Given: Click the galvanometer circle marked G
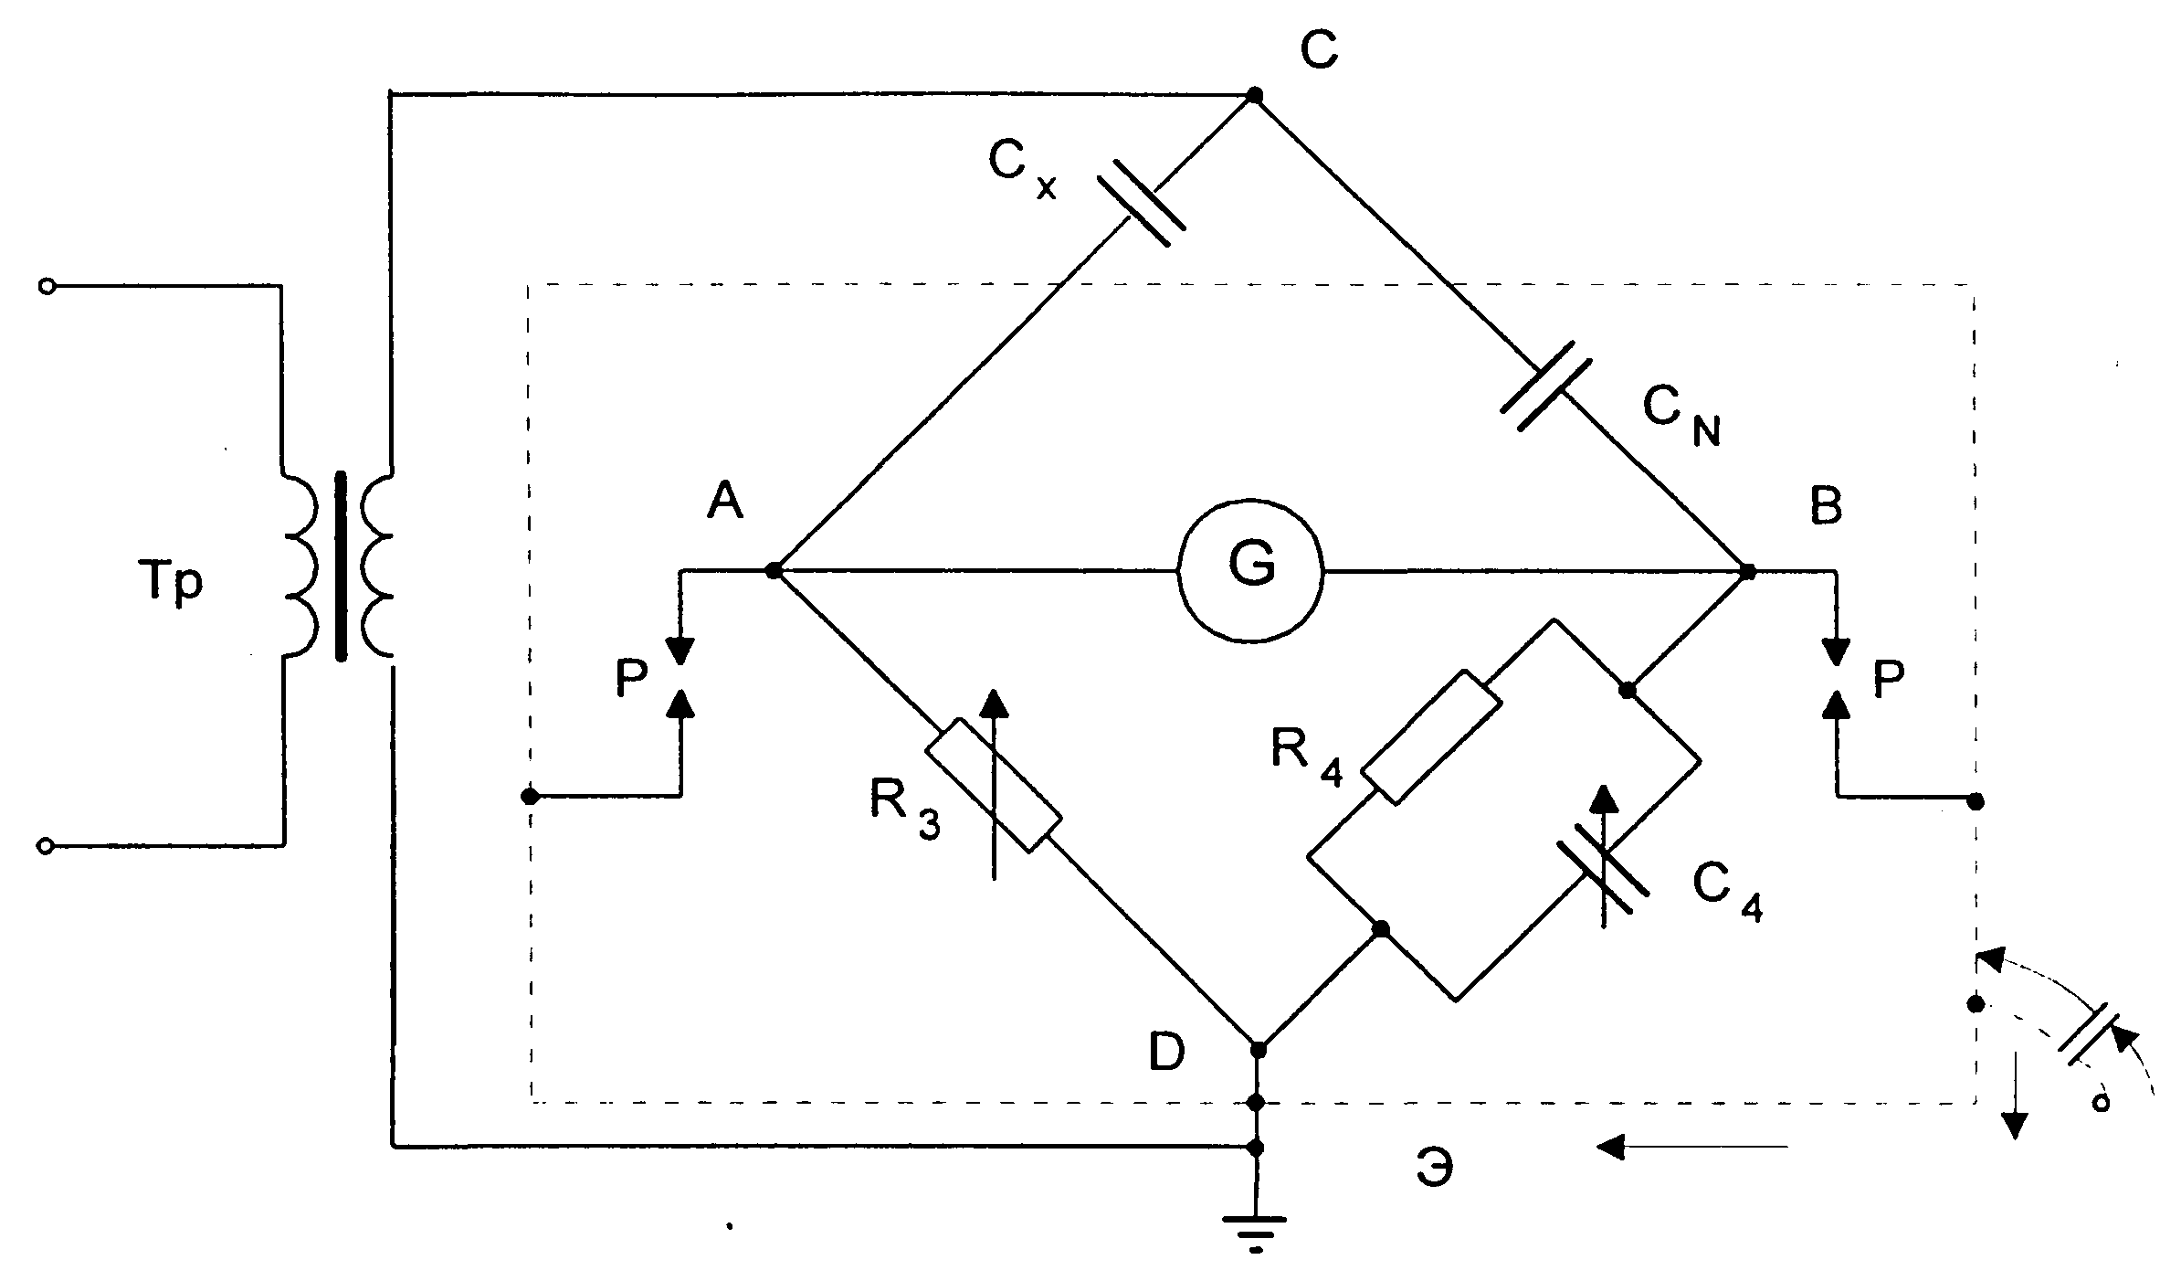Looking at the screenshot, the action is point(1250,570).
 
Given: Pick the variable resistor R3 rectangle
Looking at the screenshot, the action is point(994,786).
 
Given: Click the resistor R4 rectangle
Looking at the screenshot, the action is point(1431,737).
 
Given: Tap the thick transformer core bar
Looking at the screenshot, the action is point(342,566).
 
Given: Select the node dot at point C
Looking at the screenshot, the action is point(1255,95).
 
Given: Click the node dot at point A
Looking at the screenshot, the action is point(773,571).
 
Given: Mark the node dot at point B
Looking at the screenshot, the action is point(1747,572).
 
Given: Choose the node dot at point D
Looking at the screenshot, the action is point(1258,1050).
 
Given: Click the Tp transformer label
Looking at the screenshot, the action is point(170,582).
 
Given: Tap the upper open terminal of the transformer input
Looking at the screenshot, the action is point(47,287).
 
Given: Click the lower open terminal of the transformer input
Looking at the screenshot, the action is point(47,846).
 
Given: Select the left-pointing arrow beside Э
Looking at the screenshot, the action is point(1691,1146).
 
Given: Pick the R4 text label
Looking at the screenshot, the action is point(1307,757).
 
